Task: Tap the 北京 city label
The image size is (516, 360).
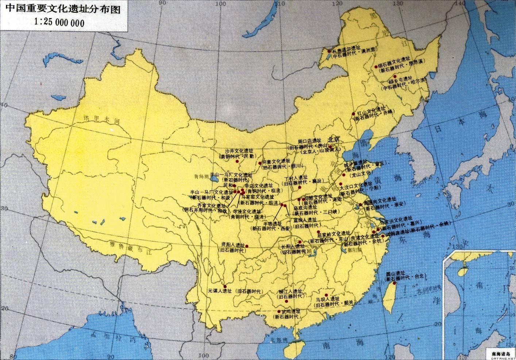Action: point(334,139)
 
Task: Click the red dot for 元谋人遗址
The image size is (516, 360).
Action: point(225,286)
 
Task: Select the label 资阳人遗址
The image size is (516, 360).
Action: point(230,245)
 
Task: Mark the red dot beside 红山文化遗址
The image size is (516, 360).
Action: point(353,114)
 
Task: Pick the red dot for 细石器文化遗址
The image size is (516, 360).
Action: point(376,67)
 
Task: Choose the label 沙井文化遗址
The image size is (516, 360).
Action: point(238,151)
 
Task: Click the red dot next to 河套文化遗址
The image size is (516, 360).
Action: point(260,163)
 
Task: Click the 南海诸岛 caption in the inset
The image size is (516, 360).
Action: point(501,353)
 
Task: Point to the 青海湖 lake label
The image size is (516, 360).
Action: point(203,175)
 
